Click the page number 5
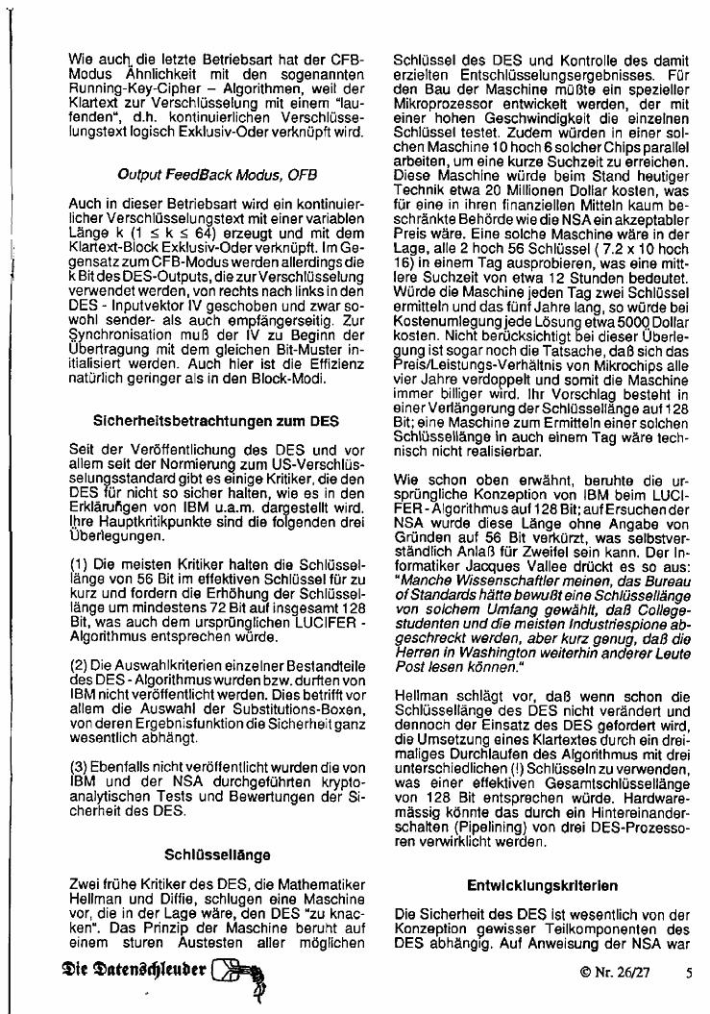pos(689,971)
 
